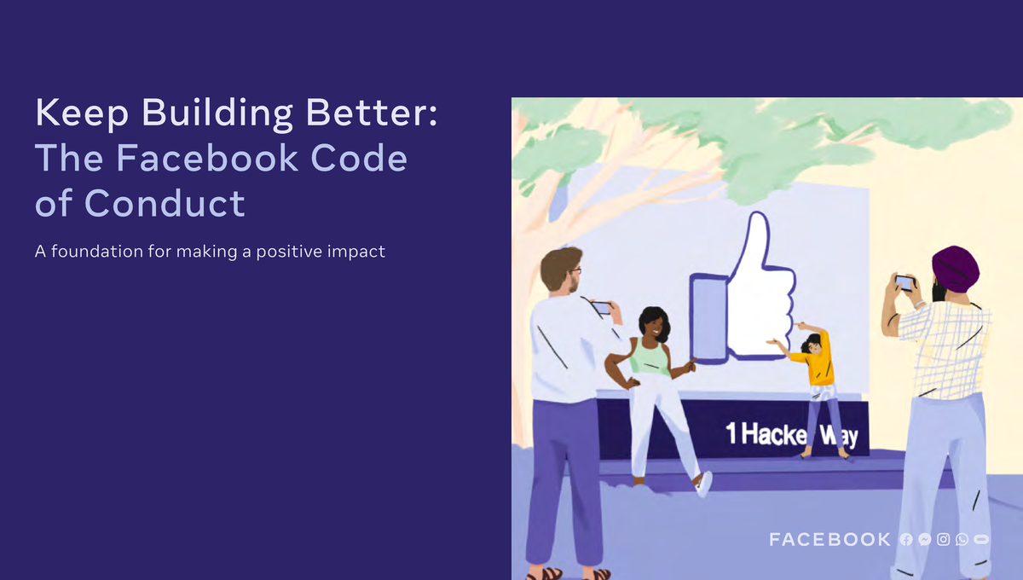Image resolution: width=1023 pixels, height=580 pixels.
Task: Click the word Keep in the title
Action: (82, 113)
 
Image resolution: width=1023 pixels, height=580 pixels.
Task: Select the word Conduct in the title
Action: (165, 203)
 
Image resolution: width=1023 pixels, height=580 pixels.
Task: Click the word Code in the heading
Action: (359, 158)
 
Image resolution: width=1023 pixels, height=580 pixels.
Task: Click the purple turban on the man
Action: (956, 269)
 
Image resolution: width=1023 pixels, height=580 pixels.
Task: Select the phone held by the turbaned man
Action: (905, 282)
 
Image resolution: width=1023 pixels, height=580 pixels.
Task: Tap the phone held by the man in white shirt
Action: (602, 308)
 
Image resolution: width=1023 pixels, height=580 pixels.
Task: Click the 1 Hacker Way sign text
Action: (792, 434)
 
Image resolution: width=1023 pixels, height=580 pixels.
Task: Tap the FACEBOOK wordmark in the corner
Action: (829, 539)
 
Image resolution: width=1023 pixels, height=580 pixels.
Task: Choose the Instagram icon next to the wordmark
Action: (944, 539)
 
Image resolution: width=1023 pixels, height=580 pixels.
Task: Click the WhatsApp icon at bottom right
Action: (962, 539)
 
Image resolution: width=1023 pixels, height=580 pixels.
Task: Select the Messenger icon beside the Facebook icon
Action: (925, 539)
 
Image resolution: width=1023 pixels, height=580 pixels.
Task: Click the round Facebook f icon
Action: (906, 539)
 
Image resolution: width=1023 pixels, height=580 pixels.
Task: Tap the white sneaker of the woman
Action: (704, 484)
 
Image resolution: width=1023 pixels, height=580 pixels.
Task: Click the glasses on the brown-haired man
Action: (575, 270)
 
